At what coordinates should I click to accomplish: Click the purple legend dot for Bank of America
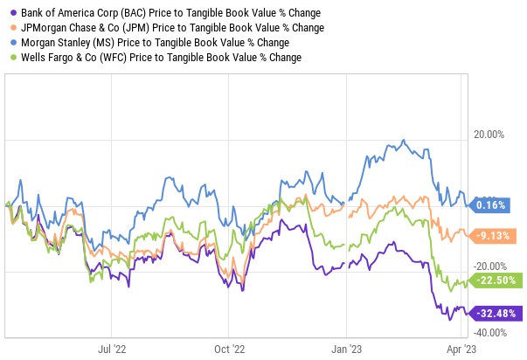click(x=9, y=14)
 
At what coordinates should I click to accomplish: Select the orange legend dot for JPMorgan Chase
click(x=9, y=28)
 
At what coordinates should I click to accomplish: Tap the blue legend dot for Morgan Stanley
click(x=9, y=43)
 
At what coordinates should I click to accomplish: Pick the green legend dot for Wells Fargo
click(x=9, y=57)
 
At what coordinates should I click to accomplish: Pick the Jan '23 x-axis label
click(x=347, y=346)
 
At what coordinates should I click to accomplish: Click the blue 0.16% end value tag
click(x=496, y=205)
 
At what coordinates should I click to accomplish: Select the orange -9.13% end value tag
click(x=496, y=235)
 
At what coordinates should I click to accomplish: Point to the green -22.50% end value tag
click(x=498, y=280)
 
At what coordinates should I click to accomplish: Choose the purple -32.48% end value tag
click(x=498, y=312)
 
